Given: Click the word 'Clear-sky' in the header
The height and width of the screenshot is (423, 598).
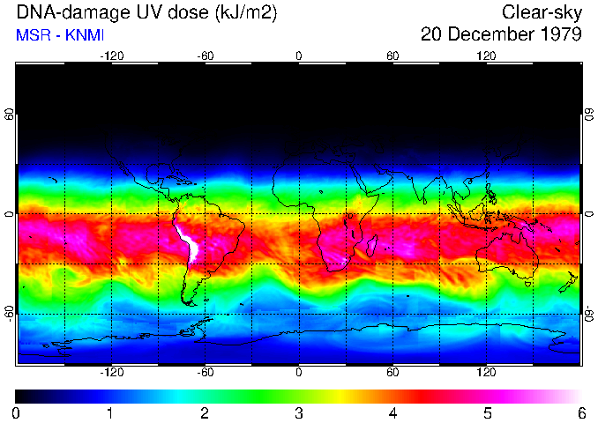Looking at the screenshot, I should [x=542, y=12].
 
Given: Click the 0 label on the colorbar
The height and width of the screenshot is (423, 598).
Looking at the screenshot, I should [x=17, y=412].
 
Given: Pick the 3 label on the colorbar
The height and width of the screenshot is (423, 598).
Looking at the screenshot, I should [x=299, y=412].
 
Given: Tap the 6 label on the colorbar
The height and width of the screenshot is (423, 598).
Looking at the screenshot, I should [x=581, y=412].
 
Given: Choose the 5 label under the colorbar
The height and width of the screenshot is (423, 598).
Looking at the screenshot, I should [x=487, y=412].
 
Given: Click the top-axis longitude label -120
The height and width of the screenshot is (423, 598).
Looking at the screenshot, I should [x=111, y=56].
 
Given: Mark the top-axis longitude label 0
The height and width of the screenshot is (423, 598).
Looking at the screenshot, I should [x=299, y=56].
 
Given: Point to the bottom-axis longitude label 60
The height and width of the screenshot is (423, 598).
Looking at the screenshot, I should [x=392, y=373].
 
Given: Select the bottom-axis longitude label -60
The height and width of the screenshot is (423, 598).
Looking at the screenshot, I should [x=205, y=373].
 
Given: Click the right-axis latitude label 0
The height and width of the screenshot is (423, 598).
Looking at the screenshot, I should [x=588, y=214].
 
